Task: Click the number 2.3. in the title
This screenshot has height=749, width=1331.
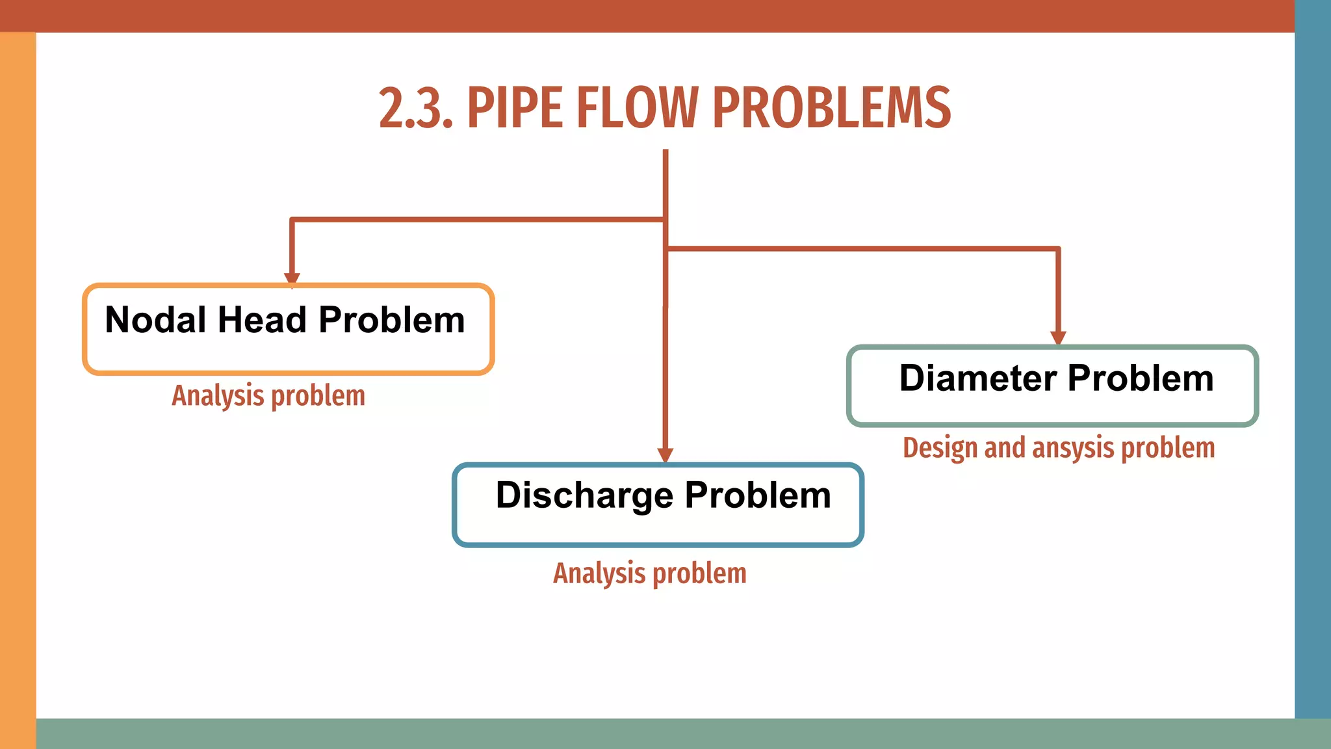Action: pos(415,109)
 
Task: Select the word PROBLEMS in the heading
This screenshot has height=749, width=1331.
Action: pos(831,109)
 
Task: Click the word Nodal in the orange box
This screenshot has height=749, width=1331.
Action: pos(155,320)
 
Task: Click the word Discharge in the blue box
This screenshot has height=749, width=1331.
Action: pos(584,495)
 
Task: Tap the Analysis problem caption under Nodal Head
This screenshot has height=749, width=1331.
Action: pos(268,396)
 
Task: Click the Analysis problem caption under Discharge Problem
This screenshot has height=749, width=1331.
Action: pos(649,573)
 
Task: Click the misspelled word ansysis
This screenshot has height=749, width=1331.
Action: pos(1072,448)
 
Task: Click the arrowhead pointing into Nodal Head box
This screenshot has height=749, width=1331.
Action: pos(292,278)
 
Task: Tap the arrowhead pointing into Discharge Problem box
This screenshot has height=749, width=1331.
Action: pos(665,455)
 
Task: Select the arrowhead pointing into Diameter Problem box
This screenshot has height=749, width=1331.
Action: pos(1058,338)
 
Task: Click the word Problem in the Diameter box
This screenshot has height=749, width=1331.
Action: pos(1140,378)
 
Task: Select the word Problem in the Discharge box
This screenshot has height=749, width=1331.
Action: pos(758,495)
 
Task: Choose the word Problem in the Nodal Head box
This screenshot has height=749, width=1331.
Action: pos(391,320)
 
